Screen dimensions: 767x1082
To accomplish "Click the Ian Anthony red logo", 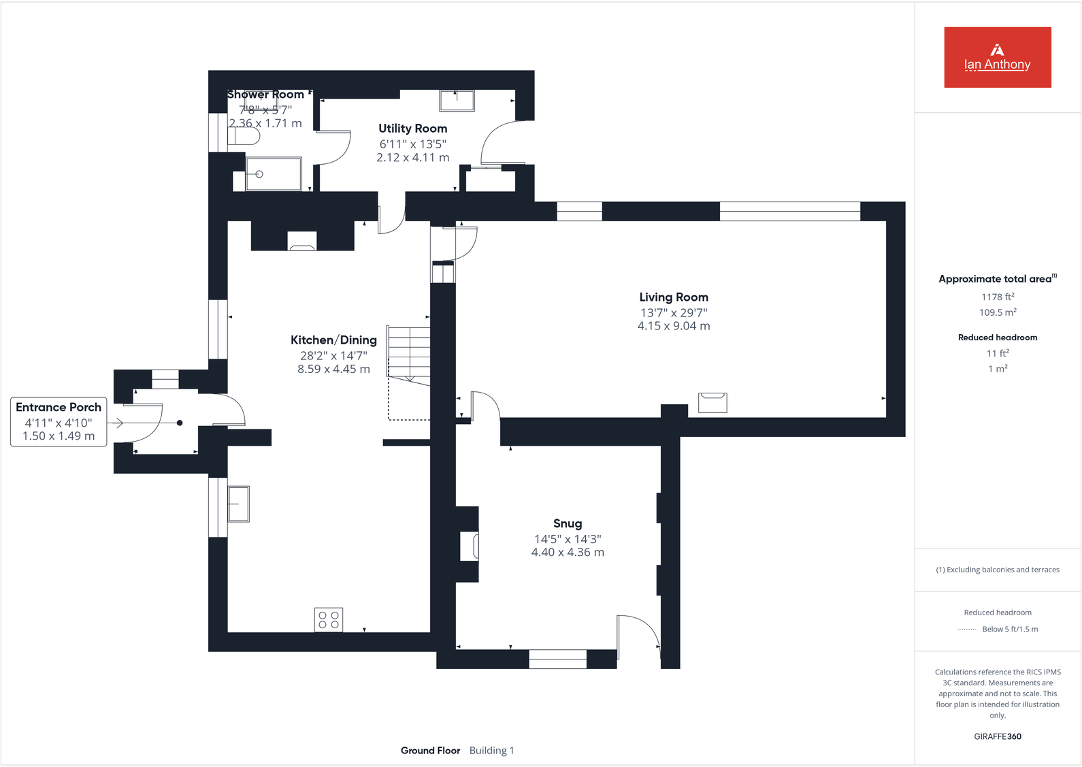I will click(x=997, y=57).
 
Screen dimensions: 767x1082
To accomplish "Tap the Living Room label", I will click(x=673, y=297).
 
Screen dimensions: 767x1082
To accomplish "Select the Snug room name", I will click(x=567, y=523).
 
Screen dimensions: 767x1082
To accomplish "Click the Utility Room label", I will click(x=412, y=129).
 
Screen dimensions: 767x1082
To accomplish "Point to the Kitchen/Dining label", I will click(x=333, y=340).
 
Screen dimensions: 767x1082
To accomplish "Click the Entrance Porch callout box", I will click(x=59, y=421).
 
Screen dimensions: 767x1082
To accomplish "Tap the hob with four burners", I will click(x=328, y=619).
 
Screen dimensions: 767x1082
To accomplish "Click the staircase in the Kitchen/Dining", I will click(x=409, y=354).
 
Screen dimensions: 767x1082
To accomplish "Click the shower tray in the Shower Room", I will click(x=273, y=174).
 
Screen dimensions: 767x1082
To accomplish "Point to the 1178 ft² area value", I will click(x=997, y=297).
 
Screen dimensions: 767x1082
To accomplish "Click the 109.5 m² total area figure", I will click(x=997, y=312).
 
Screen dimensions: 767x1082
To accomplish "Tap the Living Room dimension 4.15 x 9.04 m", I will click(x=673, y=326).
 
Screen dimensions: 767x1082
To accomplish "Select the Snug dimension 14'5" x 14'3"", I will click(x=567, y=539).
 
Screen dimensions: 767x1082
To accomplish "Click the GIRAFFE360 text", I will click(x=997, y=736).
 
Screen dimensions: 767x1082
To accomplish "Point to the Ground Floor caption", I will click(x=430, y=751).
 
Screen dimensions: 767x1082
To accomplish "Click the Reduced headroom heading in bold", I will click(x=997, y=338).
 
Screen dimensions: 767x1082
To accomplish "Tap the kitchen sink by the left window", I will click(x=238, y=504).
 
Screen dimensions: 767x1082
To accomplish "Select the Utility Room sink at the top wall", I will click(x=457, y=100).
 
